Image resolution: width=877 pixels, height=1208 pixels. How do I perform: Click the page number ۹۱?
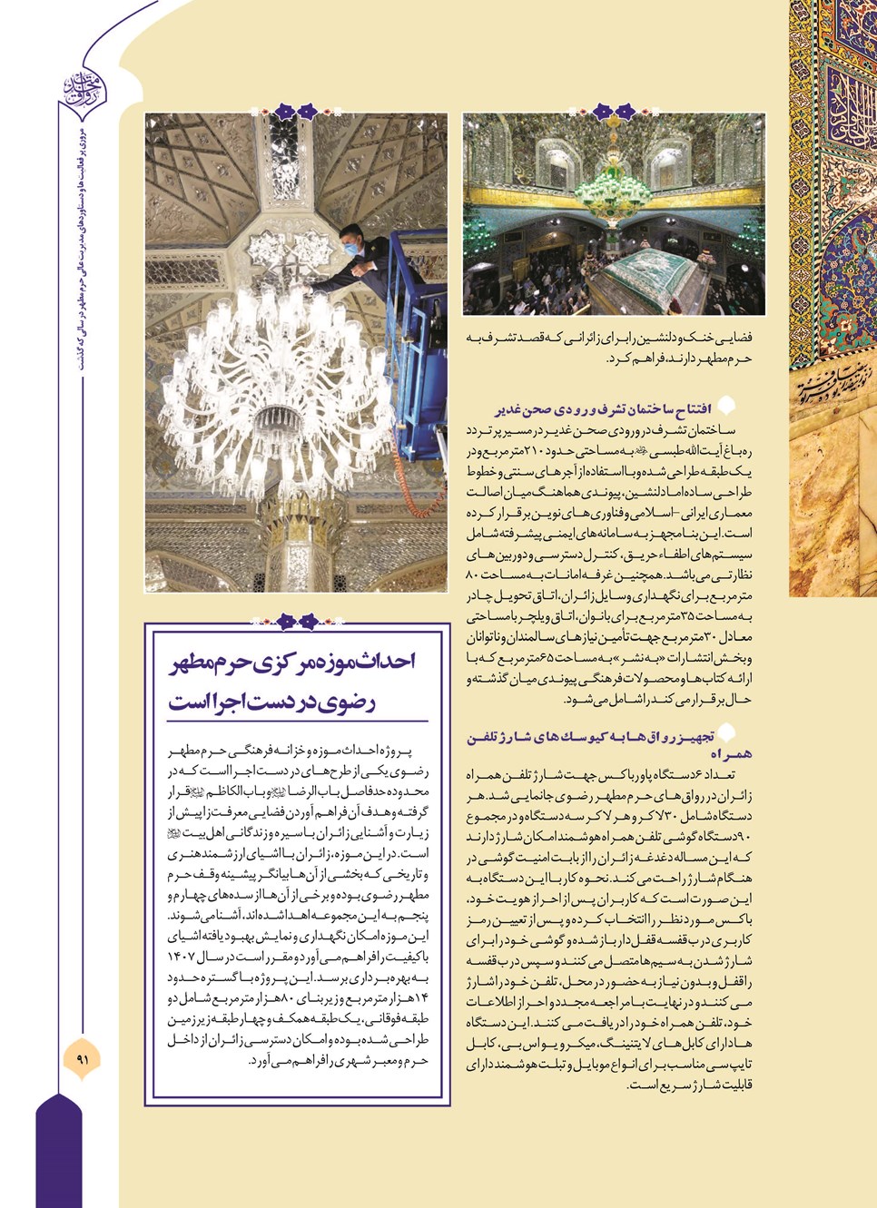pyautogui.click(x=83, y=1059)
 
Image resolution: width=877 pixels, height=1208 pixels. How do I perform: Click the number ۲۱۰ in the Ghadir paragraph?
pyautogui.click(x=532, y=451)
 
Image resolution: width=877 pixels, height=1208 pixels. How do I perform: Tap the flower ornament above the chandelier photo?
pyautogui.click(x=296, y=113)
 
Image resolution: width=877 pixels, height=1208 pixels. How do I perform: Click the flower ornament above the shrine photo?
pyautogui.click(x=615, y=113)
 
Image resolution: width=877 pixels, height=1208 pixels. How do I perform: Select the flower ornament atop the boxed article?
pyautogui.click(x=296, y=622)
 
